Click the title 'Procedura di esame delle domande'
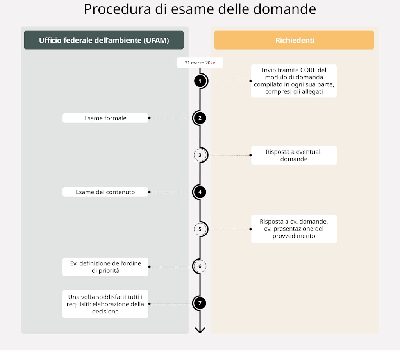(200, 9)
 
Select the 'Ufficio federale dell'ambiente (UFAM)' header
(104, 40)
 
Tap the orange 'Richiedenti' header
(294, 40)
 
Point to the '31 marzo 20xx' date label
(200, 63)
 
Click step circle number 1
(200, 81)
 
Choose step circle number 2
(200, 118)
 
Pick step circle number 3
(200, 155)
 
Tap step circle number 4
(200, 192)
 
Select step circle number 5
(200, 229)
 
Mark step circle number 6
(200, 267)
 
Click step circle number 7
(200, 303)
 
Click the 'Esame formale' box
(105, 118)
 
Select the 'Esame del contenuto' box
(105, 192)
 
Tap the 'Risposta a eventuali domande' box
(294, 155)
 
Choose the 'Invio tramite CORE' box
(294, 81)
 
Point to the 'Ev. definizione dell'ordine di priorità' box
(105, 267)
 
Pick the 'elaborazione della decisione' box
(105, 304)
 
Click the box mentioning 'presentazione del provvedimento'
(294, 229)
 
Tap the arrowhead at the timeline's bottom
(200, 330)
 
